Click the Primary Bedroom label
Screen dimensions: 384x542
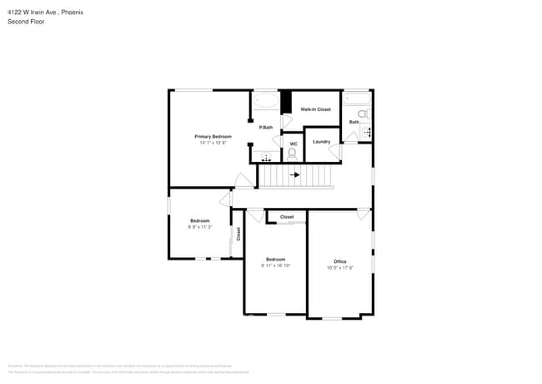coord(213,136)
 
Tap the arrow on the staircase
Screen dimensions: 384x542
coord(294,175)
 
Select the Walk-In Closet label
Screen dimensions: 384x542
coord(315,109)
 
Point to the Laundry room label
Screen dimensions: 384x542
coord(321,141)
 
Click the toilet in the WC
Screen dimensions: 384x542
coord(294,154)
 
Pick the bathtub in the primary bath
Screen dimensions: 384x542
coord(266,101)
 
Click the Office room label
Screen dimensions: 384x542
coord(340,261)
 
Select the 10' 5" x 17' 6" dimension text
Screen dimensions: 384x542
coord(340,268)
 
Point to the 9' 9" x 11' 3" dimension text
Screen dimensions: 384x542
coord(200,227)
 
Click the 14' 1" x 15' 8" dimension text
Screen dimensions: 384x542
coord(213,143)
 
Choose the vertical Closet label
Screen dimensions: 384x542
coord(238,234)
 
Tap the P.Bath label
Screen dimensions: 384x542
coord(265,127)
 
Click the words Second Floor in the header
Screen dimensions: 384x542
coord(26,22)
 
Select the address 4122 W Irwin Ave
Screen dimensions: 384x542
coord(33,13)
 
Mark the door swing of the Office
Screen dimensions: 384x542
coord(364,215)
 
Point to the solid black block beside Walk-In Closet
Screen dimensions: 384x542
coord(285,102)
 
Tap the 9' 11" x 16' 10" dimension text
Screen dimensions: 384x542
coord(276,265)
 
